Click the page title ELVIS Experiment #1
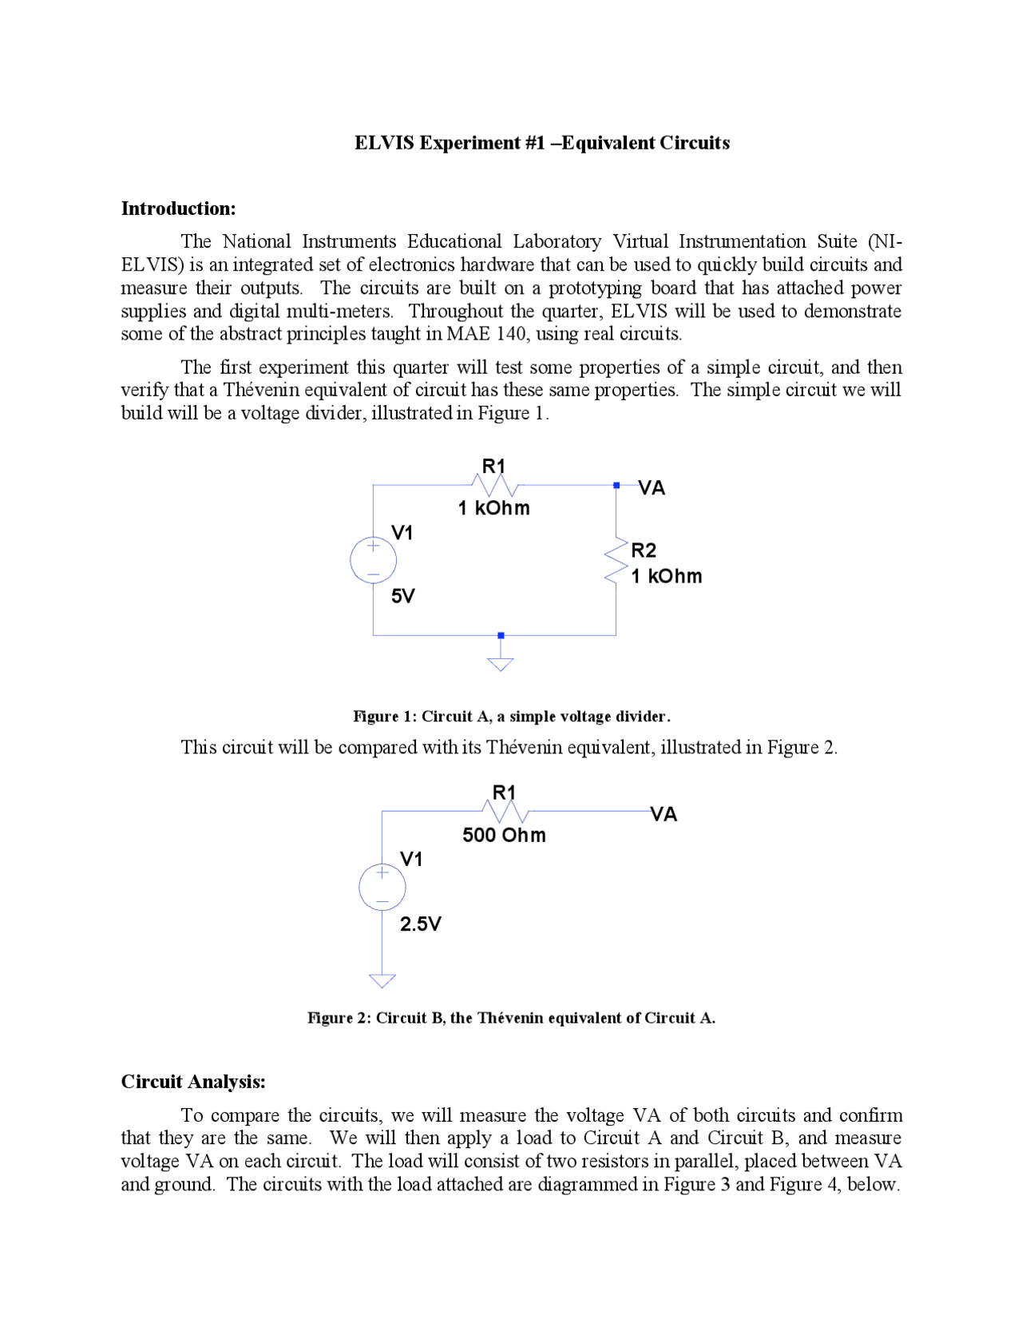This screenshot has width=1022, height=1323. pyautogui.click(x=542, y=143)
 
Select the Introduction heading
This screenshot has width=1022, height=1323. pyautogui.click(x=178, y=209)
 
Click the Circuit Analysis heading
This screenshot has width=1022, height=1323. pyautogui.click(x=192, y=1082)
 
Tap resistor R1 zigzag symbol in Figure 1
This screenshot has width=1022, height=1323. pyautogui.click(x=495, y=485)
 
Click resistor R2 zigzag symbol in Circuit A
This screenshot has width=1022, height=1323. pyautogui.click(x=616, y=560)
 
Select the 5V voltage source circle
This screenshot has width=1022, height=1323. pyautogui.click(x=373, y=559)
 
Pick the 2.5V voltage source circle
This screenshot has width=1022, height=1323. pyautogui.click(x=382, y=887)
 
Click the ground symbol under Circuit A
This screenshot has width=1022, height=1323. pyautogui.click(x=501, y=662)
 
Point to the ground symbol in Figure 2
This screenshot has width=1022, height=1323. pyautogui.click(x=382, y=980)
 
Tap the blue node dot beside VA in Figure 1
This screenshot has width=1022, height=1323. pyautogui.click(x=616, y=485)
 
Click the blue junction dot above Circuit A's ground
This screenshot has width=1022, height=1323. pyautogui.click(x=501, y=635)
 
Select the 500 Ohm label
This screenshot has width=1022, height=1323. pyautogui.click(x=504, y=836)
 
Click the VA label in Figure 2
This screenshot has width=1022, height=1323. pyautogui.click(x=664, y=815)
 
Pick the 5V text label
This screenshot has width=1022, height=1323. pyautogui.click(x=402, y=597)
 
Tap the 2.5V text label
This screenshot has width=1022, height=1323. pyautogui.click(x=420, y=924)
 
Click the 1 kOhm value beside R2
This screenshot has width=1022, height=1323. pyautogui.click(x=666, y=577)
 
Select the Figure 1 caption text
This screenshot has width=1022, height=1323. pyautogui.click(x=511, y=717)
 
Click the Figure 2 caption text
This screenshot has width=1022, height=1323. pyautogui.click(x=511, y=1018)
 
